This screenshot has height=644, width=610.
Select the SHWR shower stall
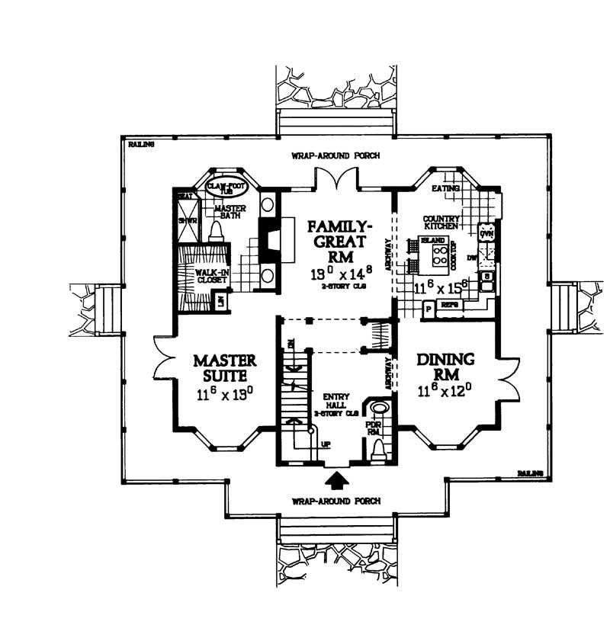point(184,221)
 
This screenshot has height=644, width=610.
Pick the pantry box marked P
point(427,309)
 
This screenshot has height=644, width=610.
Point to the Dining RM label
point(446,367)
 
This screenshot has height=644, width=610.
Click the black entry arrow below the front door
point(336,481)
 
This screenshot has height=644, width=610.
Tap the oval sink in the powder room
point(378,407)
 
